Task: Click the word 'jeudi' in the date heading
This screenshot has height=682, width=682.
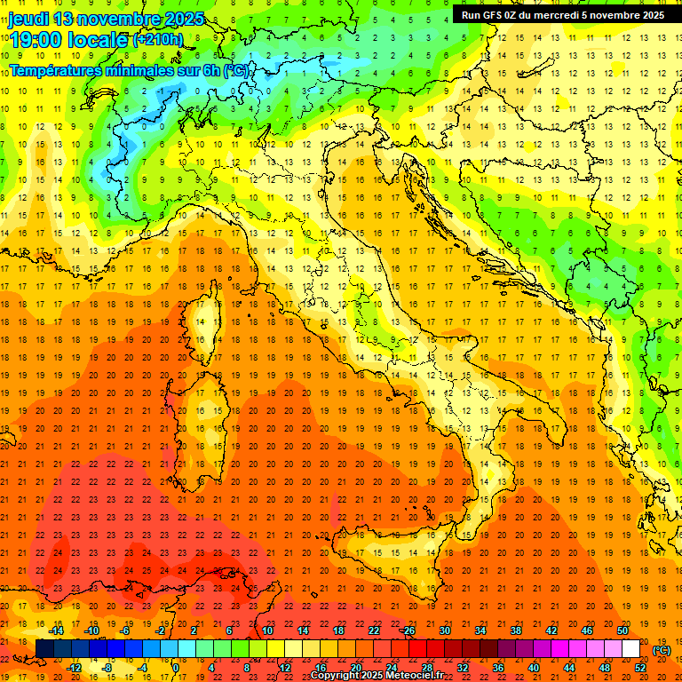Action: coord(28,19)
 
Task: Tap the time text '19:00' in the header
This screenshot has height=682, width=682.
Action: coord(35,39)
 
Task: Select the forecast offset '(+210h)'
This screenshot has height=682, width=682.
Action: coord(158,40)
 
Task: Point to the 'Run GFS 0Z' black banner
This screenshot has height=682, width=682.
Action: coord(562,15)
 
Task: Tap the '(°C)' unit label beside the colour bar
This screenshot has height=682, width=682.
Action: coord(661,650)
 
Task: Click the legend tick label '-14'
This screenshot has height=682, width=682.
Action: coord(57,630)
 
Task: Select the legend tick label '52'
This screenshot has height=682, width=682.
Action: coord(640,668)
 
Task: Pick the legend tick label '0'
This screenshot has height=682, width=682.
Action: coord(177,668)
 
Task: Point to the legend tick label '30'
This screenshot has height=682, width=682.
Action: coord(445,630)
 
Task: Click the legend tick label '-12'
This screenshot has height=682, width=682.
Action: coord(74,668)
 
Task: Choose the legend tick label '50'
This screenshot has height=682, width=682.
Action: coord(623,630)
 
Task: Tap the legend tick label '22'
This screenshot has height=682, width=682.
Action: coord(373,630)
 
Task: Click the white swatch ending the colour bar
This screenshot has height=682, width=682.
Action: coord(630,649)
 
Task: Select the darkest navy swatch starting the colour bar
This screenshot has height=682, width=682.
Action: coord(44,649)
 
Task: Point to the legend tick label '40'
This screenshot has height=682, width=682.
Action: coord(533,668)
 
